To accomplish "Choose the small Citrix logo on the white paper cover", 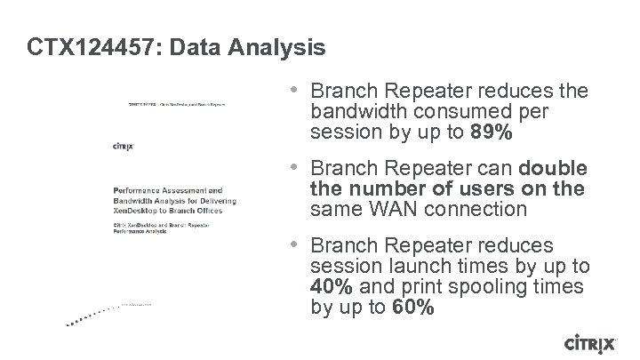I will point(124,146).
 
